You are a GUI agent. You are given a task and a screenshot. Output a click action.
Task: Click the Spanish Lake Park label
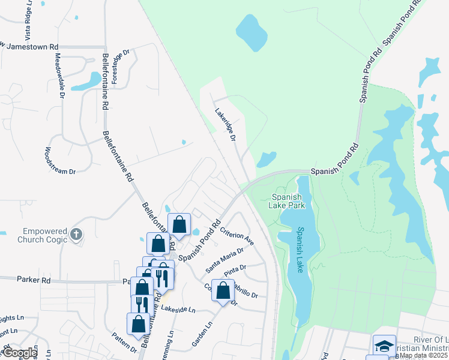tap(289, 201)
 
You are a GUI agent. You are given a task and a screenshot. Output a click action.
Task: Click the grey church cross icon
tap(76, 235)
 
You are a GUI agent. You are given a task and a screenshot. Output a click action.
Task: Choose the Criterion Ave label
tap(237, 236)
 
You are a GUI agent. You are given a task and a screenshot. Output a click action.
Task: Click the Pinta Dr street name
tap(235, 271)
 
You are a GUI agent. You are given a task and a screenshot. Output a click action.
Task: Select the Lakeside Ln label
tap(178, 310)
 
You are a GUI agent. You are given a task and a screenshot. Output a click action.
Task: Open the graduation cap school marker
tap(384, 346)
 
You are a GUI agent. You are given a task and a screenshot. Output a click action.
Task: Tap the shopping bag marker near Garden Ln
tap(223, 290)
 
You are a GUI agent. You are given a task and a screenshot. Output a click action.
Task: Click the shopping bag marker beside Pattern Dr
tap(138, 324)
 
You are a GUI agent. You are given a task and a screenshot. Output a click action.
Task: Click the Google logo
tap(20, 353)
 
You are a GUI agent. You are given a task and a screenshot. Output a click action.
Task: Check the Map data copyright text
tap(423, 355)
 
